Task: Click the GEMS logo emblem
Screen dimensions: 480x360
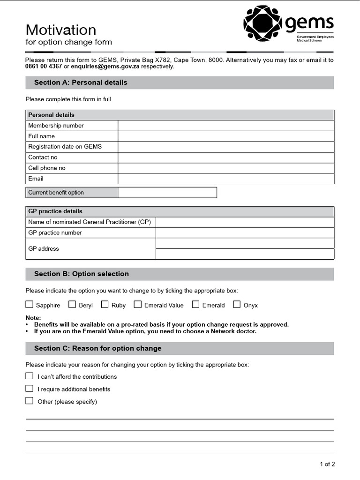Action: [263, 22]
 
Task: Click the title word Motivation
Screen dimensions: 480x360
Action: [60, 30]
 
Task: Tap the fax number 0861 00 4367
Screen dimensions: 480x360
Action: [44, 67]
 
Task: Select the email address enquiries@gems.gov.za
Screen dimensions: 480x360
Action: [105, 67]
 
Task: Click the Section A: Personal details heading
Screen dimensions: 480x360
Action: [81, 82]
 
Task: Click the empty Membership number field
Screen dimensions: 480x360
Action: [225, 126]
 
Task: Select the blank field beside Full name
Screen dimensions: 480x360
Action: [225, 136]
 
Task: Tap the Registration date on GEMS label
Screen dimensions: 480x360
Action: [65, 147]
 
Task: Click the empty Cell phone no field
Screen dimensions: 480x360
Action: [225, 168]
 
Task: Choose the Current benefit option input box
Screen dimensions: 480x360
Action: [167, 193]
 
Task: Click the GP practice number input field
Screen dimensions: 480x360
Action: [245, 233]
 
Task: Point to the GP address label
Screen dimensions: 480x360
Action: [44, 249]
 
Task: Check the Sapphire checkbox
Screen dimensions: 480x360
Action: [30, 305]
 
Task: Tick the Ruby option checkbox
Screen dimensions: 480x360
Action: [105, 305]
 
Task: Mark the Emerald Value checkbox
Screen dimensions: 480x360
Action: [137, 305]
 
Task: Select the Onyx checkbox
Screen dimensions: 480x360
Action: [237, 305]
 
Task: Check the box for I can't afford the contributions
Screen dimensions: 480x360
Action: [30, 376]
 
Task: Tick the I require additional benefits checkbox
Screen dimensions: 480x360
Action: [30, 389]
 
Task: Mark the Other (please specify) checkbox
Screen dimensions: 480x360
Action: [30, 401]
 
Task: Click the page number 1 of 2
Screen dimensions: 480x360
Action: [327, 465]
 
